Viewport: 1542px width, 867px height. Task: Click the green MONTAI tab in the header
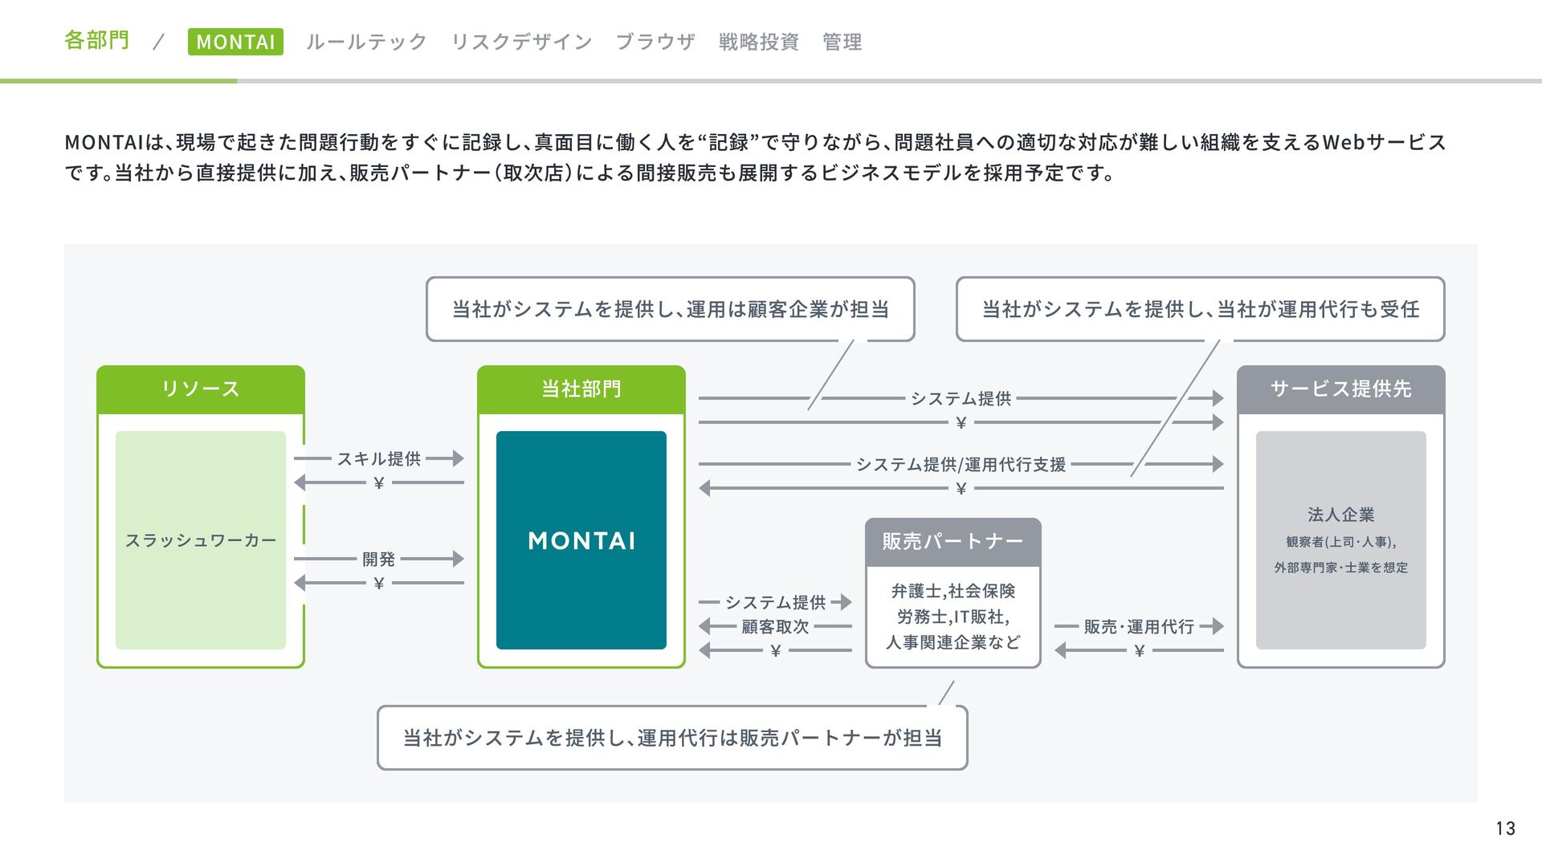coord(235,42)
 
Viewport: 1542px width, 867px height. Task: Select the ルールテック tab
coord(366,42)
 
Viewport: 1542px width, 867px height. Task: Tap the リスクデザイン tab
coord(521,42)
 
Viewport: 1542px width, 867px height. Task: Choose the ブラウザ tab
coord(655,42)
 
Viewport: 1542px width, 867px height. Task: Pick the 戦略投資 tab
coord(759,42)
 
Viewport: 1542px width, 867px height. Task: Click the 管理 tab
coord(842,42)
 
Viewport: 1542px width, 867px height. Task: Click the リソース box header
coord(201,389)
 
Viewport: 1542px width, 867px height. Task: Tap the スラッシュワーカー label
coord(201,540)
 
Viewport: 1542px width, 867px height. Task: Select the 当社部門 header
coord(581,389)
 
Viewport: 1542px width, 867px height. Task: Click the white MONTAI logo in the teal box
coord(581,541)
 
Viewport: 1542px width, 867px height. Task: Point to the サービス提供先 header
coord(1340,389)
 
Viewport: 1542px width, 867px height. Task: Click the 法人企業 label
coord(1340,515)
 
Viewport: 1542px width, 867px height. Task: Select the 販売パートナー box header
coord(953,542)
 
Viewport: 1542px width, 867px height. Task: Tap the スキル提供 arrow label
coord(379,459)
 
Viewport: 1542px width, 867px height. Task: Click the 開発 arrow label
coord(378,559)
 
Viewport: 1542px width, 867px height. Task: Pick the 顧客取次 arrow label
coord(775,627)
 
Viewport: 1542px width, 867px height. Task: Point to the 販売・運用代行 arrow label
coord(1139,627)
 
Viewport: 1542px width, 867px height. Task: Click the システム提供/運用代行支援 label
coord(961,465)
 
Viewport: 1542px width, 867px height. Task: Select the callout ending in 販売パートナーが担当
coord(672,738)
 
